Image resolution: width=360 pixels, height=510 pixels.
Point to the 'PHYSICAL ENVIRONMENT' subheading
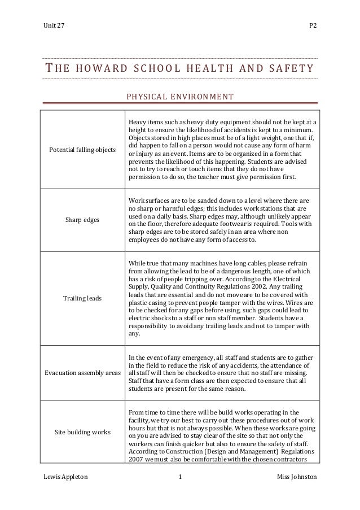(179, 97)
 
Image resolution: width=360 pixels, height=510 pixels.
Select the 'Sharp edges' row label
(83, 220)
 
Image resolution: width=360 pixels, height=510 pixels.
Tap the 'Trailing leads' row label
(83, 298)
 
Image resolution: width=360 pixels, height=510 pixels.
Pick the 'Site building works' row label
(83, 432)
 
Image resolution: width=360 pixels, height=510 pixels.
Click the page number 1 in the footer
(179, 477)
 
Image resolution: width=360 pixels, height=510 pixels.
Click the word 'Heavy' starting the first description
(138, 121)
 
